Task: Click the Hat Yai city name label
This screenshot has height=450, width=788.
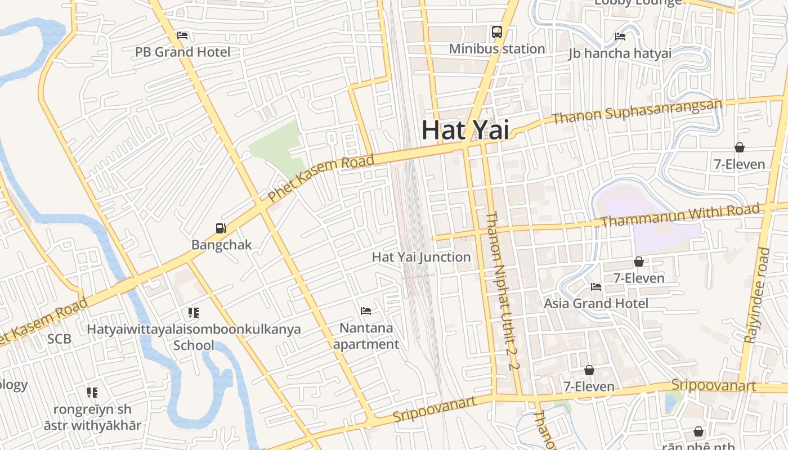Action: coord(465,130)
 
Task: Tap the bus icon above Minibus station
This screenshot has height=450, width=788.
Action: coord(497,32)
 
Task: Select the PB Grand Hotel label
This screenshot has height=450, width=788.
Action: coord(182,52)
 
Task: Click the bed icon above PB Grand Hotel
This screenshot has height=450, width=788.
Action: coord(182,35)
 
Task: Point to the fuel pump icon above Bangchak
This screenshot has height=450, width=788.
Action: coord(221,228)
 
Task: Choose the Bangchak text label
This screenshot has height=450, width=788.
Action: coord(221,245)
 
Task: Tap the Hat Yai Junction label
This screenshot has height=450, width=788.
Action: coord(421,257)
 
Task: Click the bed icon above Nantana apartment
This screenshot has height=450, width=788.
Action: coord(366,311)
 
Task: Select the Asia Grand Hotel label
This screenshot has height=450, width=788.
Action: coord(596,304)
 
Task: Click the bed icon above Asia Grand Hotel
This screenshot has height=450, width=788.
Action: coord(596,287)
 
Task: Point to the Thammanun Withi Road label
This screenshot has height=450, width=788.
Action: coord(680,215)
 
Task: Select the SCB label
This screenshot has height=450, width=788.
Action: coord(59,339)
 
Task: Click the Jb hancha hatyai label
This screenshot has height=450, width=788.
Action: coord(620,53)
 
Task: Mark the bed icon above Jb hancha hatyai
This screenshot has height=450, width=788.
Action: coord(620,37)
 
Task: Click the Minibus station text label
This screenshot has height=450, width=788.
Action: coord(496,49)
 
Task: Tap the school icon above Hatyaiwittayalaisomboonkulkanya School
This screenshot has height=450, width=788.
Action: coord(194,313)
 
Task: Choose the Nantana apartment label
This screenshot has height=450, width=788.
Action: coord(366,336)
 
